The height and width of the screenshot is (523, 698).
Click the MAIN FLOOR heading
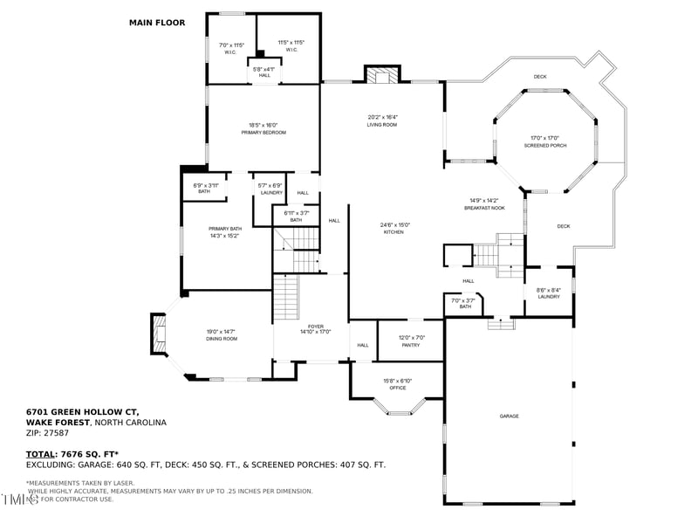157,23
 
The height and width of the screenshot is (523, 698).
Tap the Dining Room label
221,334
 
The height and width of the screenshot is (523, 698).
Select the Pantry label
410,341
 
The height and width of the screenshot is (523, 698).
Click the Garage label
509,416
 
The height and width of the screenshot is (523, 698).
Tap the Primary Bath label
223,232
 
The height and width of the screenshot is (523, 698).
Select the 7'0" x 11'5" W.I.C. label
230,47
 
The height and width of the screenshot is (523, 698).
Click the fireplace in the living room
380,76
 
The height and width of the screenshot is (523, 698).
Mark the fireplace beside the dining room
158,334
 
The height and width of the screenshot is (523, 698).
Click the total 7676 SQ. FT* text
84,455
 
